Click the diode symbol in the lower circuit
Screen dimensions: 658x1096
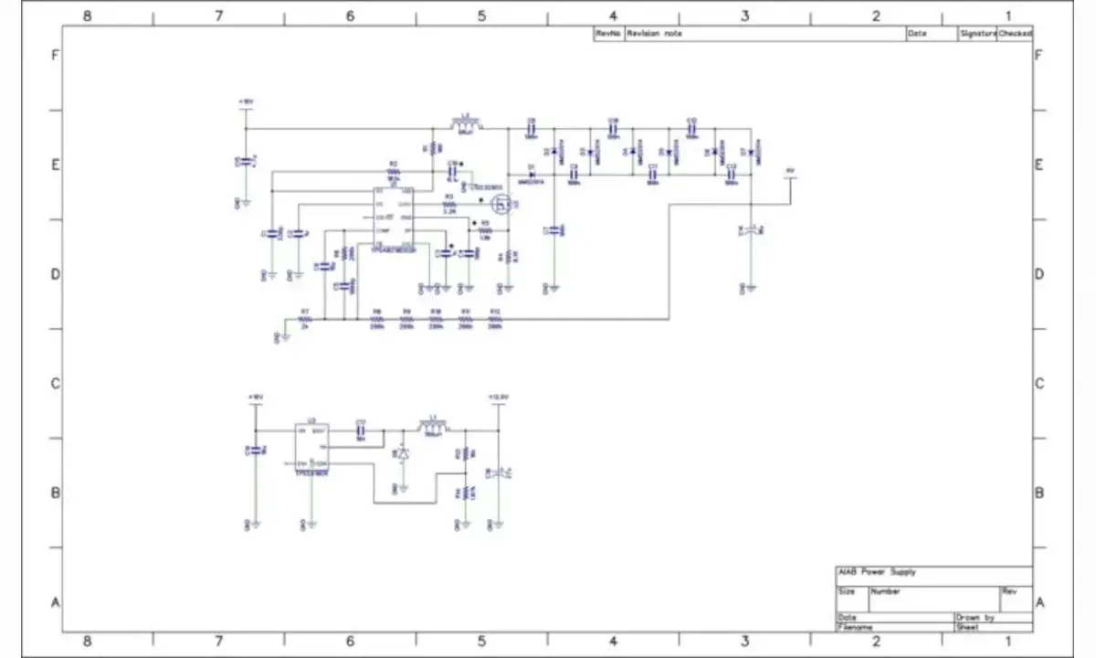tap(402, 454)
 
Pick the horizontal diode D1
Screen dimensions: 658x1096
tap(530, 174)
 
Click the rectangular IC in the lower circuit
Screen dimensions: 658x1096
tap(311, 449)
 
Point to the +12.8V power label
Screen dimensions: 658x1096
tap(498, 398)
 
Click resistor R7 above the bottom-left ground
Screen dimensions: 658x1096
tap(305, 319)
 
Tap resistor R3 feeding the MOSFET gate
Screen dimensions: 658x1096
tap(448, 203)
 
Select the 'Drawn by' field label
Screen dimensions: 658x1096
tap(975, 618)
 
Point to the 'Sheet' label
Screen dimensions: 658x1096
tap(967, 628)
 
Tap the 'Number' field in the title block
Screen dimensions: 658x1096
tap(885, 592)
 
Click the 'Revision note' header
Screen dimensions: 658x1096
tap(653, 34)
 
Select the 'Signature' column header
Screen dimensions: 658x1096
tap(977, 34)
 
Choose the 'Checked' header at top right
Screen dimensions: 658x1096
tap(1015, 34)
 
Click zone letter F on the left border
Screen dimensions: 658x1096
tap(55, 55)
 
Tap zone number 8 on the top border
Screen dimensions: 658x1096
tap(87, 16)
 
